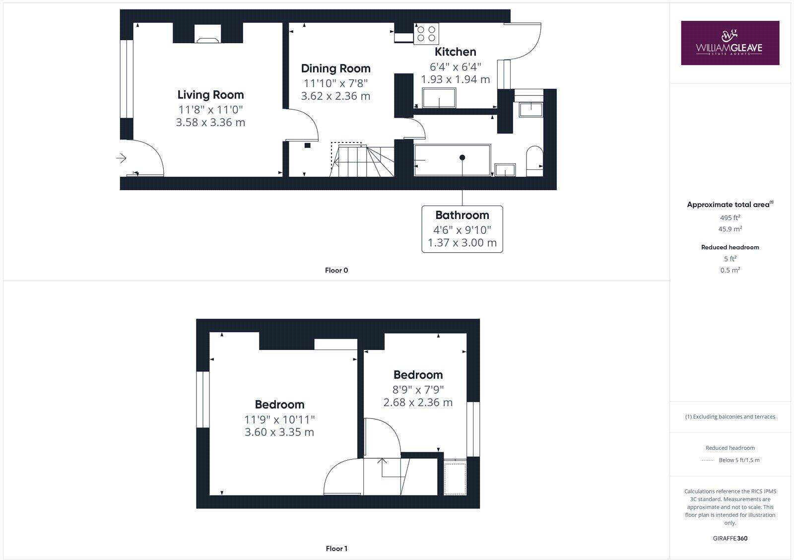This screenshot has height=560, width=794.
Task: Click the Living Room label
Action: (210, 95)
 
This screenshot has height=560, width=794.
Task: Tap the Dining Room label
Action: (335, 69)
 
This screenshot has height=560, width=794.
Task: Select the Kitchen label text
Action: (455, 52)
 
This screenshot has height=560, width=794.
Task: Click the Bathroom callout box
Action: (462, 229)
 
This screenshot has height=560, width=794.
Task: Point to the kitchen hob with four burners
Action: (426, 33)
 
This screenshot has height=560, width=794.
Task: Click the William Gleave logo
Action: (729, 43)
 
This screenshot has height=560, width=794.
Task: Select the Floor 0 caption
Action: (336, 271)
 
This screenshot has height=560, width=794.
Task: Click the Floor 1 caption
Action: (336, 549)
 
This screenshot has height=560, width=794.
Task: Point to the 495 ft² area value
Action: (730, 217)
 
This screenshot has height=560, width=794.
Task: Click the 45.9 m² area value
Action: (730, 229)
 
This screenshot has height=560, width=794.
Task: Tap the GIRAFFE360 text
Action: (730, 538)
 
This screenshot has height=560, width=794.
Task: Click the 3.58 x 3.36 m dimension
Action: (210, 122)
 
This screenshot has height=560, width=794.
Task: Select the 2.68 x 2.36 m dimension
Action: (418, 402)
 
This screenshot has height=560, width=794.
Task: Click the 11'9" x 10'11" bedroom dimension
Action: (279, 420)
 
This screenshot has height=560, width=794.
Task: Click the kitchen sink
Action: (439, 98)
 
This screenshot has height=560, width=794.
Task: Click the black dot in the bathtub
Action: (462, 157)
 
